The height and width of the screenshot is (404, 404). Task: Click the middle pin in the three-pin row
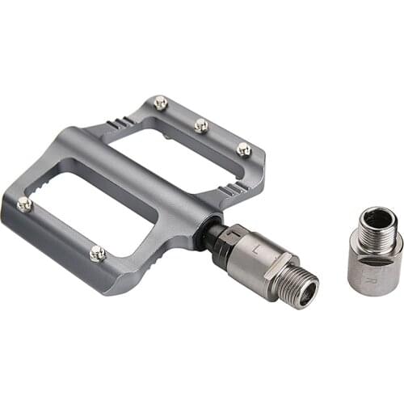[200, 125]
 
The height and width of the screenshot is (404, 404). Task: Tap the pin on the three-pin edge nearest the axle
[243, 149]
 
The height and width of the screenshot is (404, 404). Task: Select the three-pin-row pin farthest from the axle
[161, 103]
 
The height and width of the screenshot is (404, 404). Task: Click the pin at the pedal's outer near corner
[24, 204]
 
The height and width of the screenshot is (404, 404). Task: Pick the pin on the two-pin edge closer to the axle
[98, 253]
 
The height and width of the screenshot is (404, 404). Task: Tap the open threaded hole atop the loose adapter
[378, 218]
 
